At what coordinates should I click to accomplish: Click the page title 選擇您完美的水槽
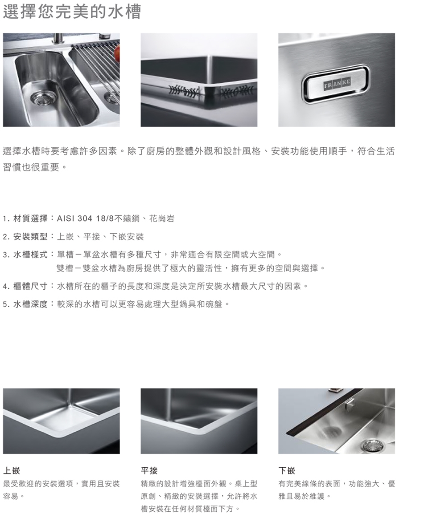pos(72,11)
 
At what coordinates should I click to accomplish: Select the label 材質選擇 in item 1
pos(30,219)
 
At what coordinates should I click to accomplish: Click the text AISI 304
pos(74,219)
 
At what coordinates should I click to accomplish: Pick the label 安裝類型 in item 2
pos(30,237)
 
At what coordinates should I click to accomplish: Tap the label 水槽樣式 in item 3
pos(30,255)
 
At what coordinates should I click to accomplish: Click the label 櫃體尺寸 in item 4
pos(30,286)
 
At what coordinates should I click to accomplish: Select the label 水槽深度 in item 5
pos(30,304)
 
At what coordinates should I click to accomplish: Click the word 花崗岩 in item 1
pos(162,219)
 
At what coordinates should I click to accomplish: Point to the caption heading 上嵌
pos(12,470)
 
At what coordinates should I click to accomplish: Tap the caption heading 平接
pos(149,470)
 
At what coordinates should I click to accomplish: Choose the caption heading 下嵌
pos(287,470)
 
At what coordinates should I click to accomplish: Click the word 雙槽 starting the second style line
pos(65,268)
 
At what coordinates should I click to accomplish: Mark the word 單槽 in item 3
pos(66,255)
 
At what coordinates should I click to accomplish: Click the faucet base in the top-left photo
pos(58,39)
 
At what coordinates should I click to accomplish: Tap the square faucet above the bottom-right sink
pos(348,403)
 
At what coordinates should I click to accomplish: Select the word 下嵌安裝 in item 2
pos(127,237)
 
